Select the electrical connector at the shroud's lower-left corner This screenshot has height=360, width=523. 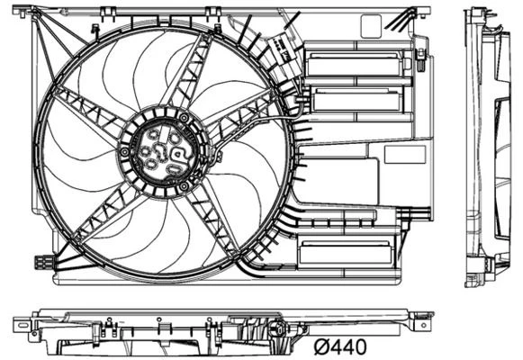pyautogui.click(x=42, y=263)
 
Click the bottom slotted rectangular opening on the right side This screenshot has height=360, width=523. pyautogui.click(x=347, y=253)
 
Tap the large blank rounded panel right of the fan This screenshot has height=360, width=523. pyautogui.click(x=334, y=180)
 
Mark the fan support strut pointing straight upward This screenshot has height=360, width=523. pyautogui.click(x=194, y=72)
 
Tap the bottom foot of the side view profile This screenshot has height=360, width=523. pyautogui.click(x=474, y=274)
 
